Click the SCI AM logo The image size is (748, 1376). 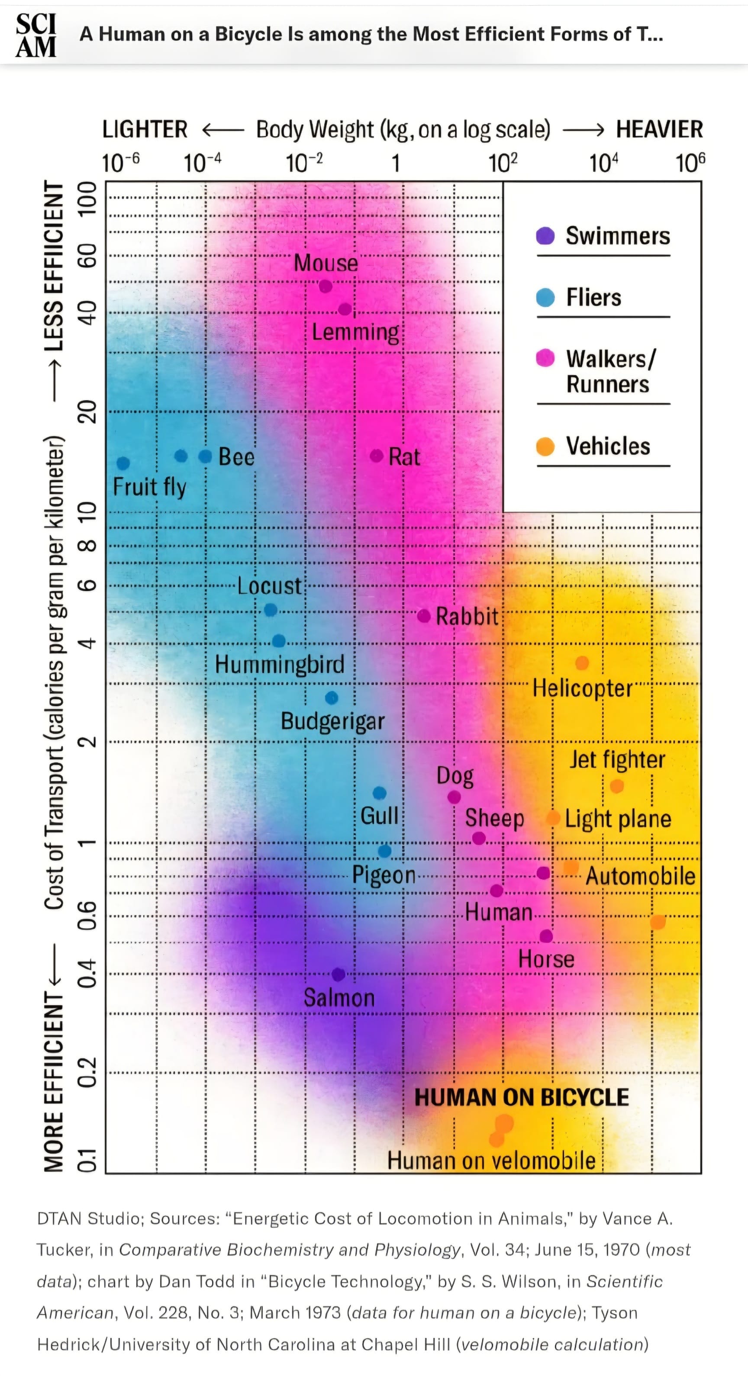tap(36, 35)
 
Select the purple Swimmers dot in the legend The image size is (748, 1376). tap(545, 235)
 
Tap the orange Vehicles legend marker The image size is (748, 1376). tap(545, 446)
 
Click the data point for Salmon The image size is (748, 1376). tap(338, 975)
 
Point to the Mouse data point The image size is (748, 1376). tap(326, 286)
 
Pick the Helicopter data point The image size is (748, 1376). tap(582, 663)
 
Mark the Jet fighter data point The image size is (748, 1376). tap(616, 786)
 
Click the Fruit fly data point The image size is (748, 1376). tap(123, 463)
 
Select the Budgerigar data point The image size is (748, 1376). tap(332, 698)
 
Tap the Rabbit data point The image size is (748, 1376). tap(424, 616)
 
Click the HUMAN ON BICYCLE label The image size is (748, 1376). tap(522, 1097)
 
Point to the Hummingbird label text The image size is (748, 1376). tap(280, 665)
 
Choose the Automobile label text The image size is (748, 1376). tap(640, 876)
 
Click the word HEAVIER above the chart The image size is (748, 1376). tap(659, 130)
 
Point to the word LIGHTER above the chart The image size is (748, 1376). tap(145, 130)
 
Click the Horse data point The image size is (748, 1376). tap(546, 936)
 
